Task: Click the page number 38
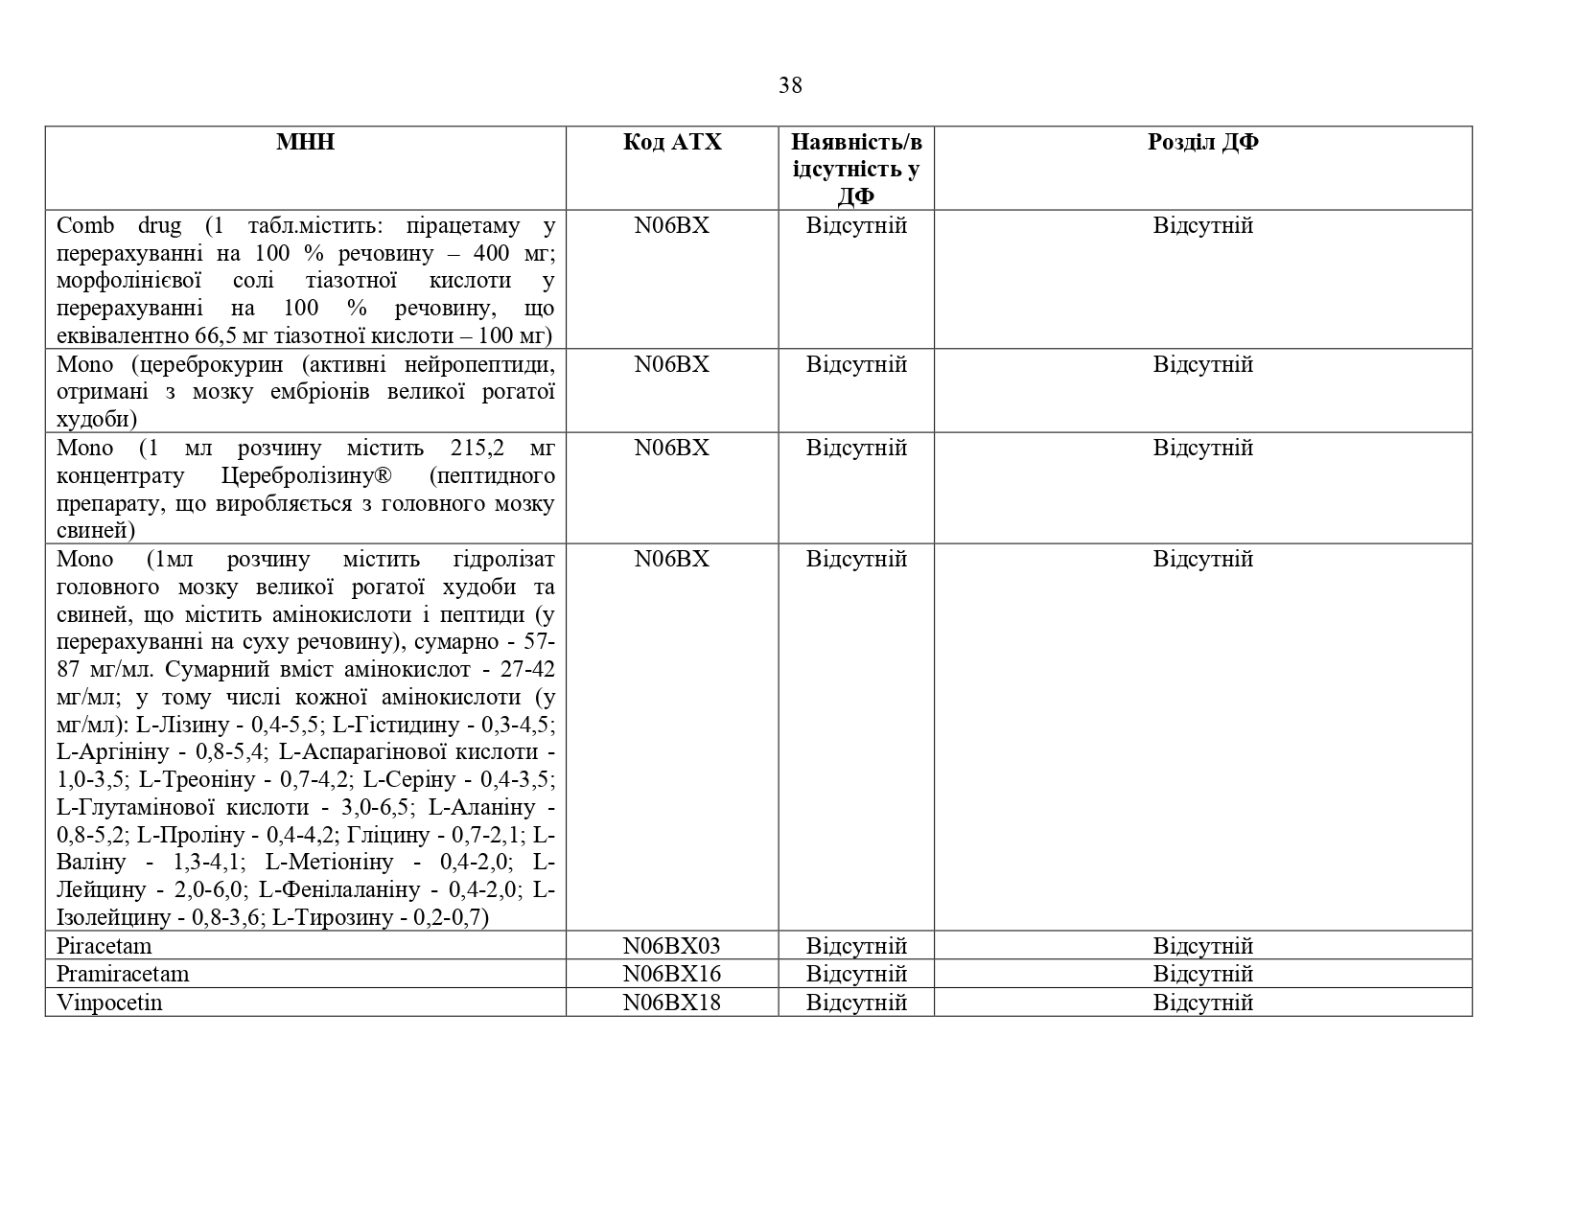(x=790, y=85)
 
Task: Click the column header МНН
(x=305, y=142)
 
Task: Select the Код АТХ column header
(x=671, y=142)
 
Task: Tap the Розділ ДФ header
(x=1202, y=142)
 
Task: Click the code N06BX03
(x=671, y=946)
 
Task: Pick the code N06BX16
(x=671, y=974)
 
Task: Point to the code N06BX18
(x=671, y=1003)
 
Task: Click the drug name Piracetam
(x=104, y=946)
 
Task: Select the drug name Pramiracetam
(x=123, y=974)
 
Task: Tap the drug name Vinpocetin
(x=109, y=1003)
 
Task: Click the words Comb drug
(x=119, y=226)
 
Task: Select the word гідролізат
(x=502, y=560)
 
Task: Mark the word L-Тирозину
(x=332, y=918)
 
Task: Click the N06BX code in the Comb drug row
(x=671, y=226)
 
